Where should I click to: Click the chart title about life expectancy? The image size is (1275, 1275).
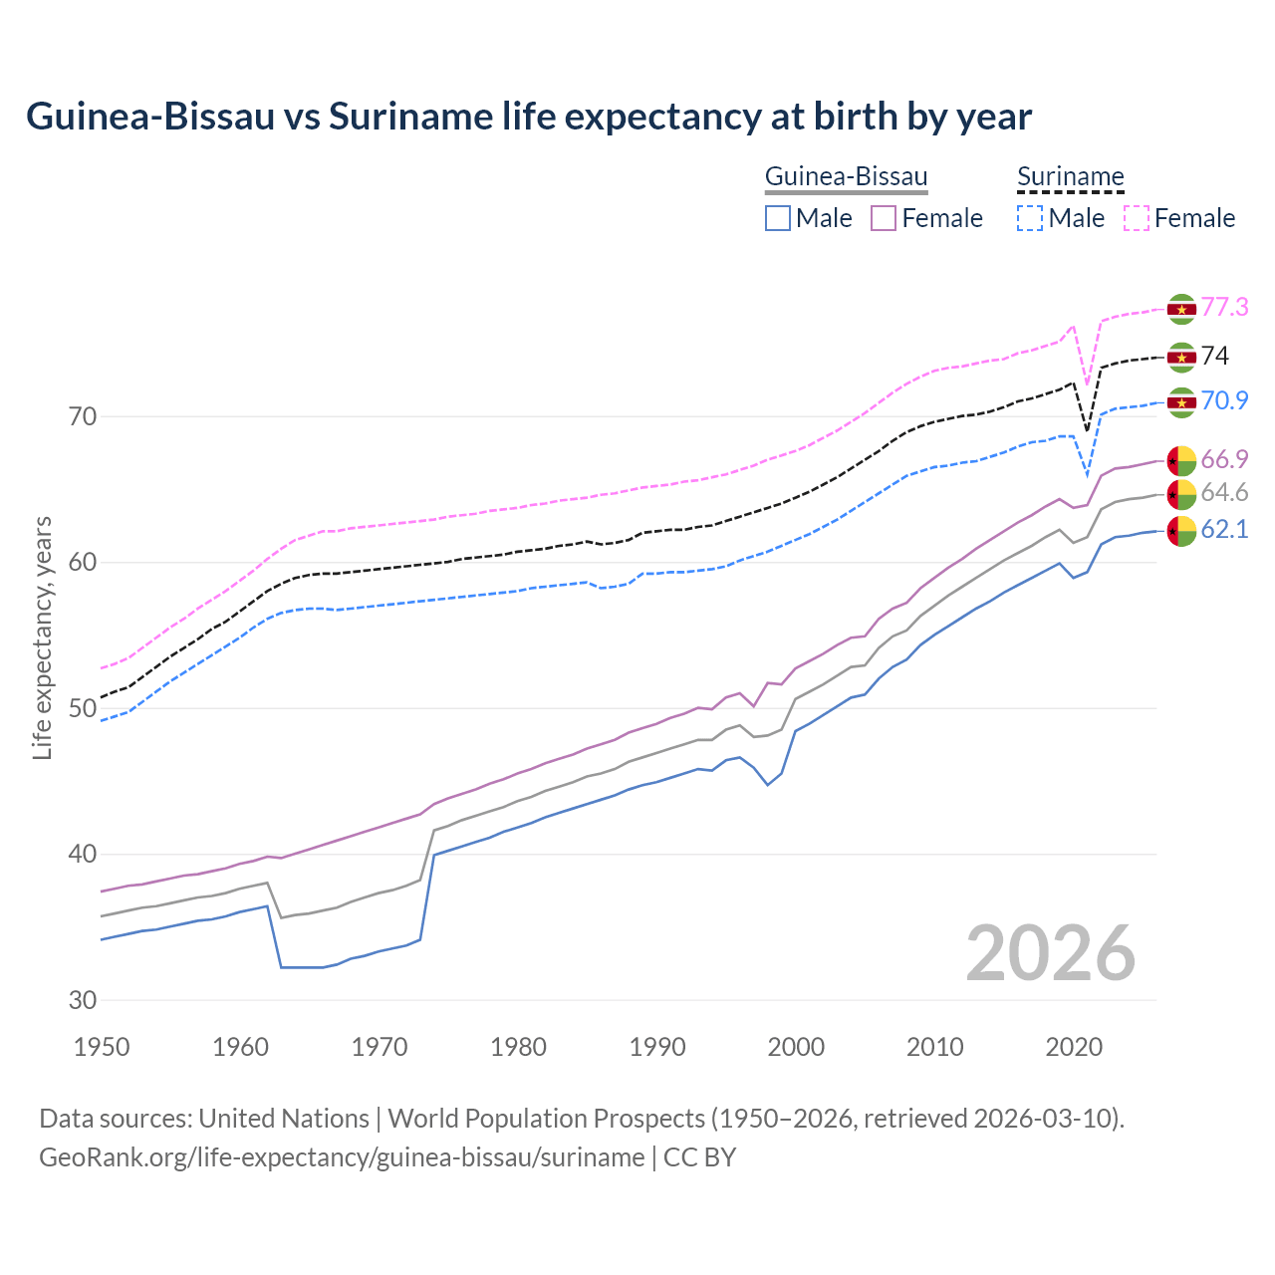[x=529, y=117]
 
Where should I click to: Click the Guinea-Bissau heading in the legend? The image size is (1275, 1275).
[x=846, y=177]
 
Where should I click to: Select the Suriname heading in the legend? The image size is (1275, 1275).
[x=1070, y=177]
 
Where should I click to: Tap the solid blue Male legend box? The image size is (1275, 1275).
[x=778, y=218]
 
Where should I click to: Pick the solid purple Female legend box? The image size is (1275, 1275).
[x=884, y=218]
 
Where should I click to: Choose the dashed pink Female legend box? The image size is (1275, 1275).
[x=1137, y=218]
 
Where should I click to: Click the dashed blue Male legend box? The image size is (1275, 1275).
[x=1030, y=218]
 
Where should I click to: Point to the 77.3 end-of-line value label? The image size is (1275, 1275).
[x=1224, y=307]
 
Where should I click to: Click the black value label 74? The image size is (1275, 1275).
[x=1215, y=356]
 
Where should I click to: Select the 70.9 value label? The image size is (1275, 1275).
[x=1224, y=400]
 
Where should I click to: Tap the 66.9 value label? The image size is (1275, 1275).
[x=1224, y=459]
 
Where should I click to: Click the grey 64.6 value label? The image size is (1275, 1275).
[x=1224, y=492]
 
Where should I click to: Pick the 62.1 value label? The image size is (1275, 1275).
[x=1224, y=530]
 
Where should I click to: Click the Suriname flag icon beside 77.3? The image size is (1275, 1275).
[x=1181, y=309]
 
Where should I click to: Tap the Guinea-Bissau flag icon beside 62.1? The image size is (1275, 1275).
[x=1181, y=531]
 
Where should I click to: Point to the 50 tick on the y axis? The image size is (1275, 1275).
[x=83, y=708]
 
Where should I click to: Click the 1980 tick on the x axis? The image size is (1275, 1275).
[x=518, y=1047]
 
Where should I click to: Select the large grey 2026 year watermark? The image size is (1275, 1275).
[x=1050, y=953]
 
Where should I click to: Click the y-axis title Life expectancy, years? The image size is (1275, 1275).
[x=42, y=637]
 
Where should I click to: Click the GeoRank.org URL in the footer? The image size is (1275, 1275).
[x=342, y=1157]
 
